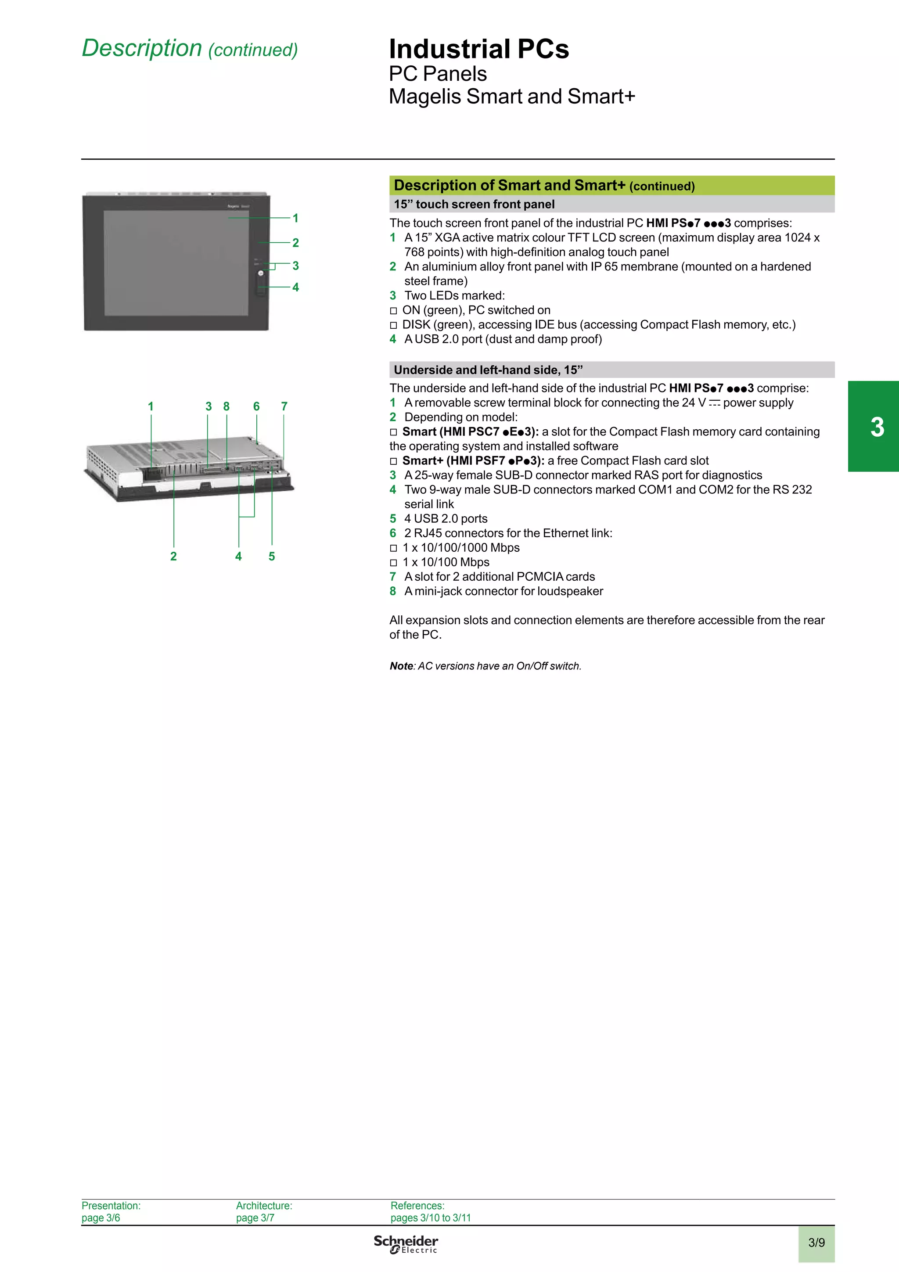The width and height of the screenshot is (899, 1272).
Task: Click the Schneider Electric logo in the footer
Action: (406, 1244)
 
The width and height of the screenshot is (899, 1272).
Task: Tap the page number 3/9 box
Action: (816, 1243)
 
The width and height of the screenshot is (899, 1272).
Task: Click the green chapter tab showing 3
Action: (877, 427)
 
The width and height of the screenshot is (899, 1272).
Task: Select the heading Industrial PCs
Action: (478, 49)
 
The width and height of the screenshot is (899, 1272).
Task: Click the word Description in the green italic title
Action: (142, 48)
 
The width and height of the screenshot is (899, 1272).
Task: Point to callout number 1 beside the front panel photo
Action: (296, 218)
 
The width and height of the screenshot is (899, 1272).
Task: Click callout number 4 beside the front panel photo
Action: (296, 287)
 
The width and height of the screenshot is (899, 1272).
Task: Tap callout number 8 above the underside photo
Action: (227, 406)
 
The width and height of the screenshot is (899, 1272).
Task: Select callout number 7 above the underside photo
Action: (284, 406)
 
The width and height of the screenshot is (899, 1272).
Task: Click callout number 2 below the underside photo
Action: (173, 556)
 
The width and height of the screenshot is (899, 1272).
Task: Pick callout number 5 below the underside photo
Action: (271, 556)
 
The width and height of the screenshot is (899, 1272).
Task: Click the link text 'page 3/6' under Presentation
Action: (101, 1218)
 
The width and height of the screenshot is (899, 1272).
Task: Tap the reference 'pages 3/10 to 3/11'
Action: (430, 1218)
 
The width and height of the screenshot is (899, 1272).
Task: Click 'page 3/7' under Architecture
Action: (255, 1218)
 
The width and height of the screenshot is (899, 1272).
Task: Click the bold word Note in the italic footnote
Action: (402, 666)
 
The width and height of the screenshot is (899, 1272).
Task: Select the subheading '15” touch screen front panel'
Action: (474, 205)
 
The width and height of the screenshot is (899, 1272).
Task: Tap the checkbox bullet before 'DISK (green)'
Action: (393, 325)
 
